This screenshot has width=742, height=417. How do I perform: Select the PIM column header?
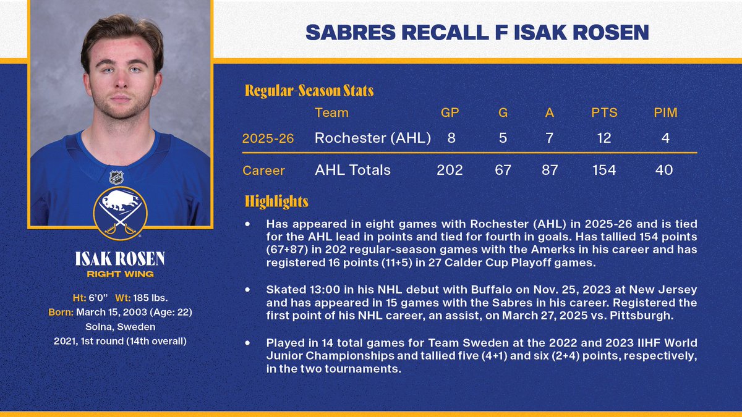pos(665,112)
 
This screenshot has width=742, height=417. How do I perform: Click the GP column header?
pos(450,112)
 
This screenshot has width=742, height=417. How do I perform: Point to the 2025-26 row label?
pos(268,139)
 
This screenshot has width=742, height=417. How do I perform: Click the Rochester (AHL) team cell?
pos(372,138)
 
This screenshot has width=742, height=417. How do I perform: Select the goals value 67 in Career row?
pos(503,170)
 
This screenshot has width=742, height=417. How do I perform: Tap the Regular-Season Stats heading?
pos(309,91)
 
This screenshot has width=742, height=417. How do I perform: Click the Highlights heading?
pos(276,201)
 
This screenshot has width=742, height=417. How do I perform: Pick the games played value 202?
pos(450,170)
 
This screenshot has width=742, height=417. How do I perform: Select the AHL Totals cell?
pos(352,170)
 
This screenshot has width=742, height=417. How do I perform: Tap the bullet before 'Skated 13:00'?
pos(248,290)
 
